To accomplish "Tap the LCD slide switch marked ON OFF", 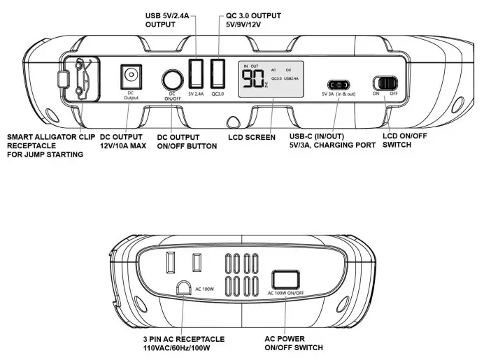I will [385, 82].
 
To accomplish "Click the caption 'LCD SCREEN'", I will [252, 137].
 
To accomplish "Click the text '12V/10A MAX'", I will [123, 146].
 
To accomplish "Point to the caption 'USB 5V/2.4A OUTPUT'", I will [171, 19].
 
